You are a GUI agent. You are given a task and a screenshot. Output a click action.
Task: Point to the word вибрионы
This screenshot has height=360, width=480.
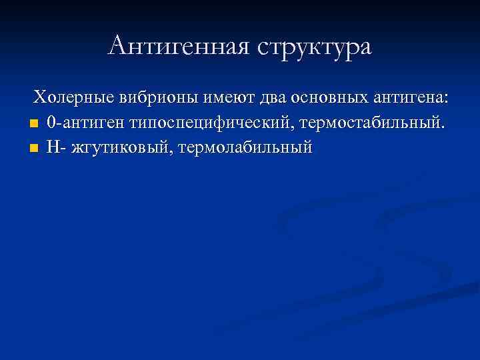(x=154, y=98)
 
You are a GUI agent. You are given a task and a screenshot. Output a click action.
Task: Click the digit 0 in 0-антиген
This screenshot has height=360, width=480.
(x=51, y=123)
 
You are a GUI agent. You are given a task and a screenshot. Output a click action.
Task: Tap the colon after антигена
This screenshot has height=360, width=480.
(x=446, y=99)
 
